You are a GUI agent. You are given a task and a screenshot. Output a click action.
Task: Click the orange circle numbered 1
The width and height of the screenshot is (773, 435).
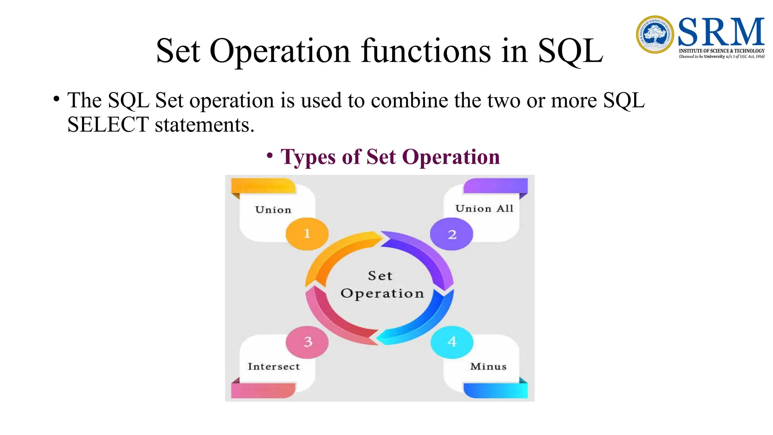click(307, 234)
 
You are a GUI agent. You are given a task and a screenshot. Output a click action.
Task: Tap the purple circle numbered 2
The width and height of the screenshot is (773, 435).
click(451, 234)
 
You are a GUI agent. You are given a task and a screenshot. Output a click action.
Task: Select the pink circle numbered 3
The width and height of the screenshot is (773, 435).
click(307, 342)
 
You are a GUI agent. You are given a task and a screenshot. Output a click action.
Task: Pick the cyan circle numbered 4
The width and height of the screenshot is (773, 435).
click(452, 342)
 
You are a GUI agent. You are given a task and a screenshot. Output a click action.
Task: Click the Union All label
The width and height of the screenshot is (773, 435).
click(484, 208)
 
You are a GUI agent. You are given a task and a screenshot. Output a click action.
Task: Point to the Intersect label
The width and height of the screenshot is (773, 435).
click(274, 366)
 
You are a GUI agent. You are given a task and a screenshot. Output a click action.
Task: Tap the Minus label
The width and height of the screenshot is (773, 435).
click(488, 366)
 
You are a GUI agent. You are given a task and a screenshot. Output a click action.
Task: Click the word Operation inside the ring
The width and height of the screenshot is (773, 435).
click(382, 293)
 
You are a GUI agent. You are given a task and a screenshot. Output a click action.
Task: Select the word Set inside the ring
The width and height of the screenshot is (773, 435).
click(380, 276)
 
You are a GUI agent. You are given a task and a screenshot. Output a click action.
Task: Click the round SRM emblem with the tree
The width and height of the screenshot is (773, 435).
click(655, 34)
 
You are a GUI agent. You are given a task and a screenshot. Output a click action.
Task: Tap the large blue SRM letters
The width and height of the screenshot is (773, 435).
click(721, 32)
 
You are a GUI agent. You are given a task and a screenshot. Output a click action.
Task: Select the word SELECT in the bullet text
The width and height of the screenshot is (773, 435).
click(108, 125)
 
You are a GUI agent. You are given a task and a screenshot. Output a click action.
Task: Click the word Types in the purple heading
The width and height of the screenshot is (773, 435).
click(308, 157)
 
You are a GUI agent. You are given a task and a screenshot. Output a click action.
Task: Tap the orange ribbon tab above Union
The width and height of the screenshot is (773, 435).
click(263, 186)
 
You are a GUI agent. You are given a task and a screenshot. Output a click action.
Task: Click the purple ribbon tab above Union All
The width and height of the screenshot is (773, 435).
click(495, 186)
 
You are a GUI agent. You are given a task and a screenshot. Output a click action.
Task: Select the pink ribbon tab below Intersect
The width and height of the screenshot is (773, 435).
click(263, 390)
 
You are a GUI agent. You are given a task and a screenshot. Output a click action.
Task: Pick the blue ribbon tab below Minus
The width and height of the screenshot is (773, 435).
click(495, 390)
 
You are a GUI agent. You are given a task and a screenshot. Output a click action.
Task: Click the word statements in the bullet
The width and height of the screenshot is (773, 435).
click(204, 125)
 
